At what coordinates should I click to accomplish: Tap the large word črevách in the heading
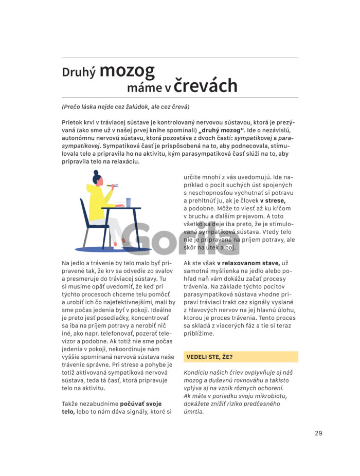[205, 86]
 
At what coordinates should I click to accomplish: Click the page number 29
[318, 433]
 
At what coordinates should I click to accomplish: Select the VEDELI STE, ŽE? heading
[209, 356]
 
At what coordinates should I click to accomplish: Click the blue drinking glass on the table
[128, 202]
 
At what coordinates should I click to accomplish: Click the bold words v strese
[273, 200]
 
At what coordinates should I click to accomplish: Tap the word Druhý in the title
[79, 72]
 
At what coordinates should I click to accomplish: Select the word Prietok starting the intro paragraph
[73, 123]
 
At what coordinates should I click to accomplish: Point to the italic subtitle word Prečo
[73, 107]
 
